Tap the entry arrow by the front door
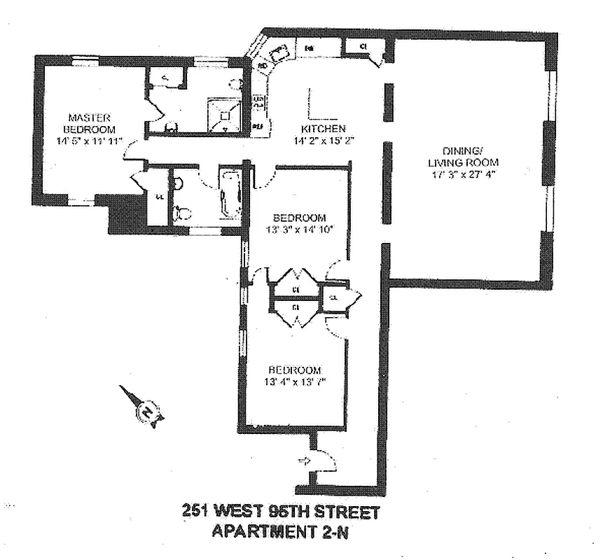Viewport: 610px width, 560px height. point(304,461)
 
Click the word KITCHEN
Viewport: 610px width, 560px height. point(323,129)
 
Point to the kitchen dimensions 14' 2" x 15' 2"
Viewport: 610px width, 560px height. point(324,140)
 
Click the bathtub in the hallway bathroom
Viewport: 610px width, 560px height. point(230,192)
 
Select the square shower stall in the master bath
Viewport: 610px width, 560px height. point(223,114)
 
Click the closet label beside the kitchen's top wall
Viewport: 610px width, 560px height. point(364,47)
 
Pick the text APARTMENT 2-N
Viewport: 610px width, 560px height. point(279,531)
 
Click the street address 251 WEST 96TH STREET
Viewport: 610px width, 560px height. point(280,512)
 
